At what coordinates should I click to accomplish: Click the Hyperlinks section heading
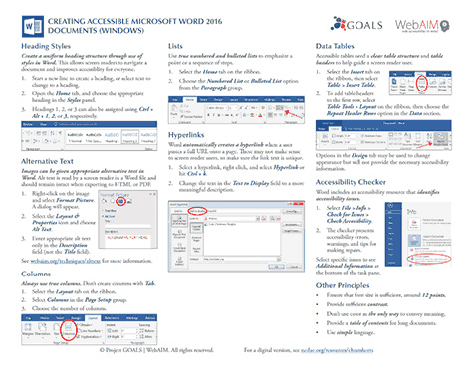click(188, 132)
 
